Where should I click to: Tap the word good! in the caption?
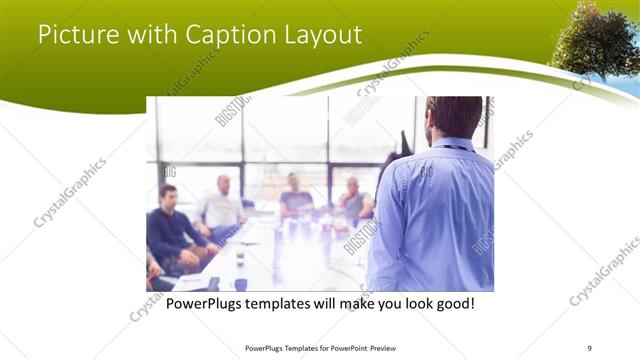coord(453,302)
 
